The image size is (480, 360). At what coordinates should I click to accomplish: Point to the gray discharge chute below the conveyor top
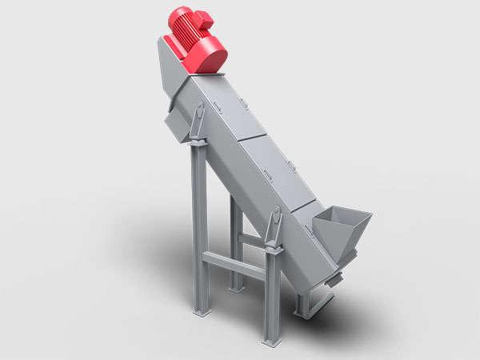175,124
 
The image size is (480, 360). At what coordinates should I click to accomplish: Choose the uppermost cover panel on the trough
221,108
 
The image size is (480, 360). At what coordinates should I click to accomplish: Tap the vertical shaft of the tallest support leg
198,232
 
